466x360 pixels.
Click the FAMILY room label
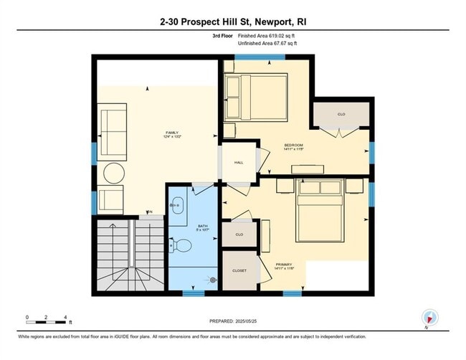tap(172, 133)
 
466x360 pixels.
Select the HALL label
tap(239, 163)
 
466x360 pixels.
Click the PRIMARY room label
tap(285, 265)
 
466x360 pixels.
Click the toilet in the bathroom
tap(183, 246)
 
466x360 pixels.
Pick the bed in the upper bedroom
tap(257, 97)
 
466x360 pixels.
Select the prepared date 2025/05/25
tap(233, 322)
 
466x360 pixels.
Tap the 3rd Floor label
tap(222, 36)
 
